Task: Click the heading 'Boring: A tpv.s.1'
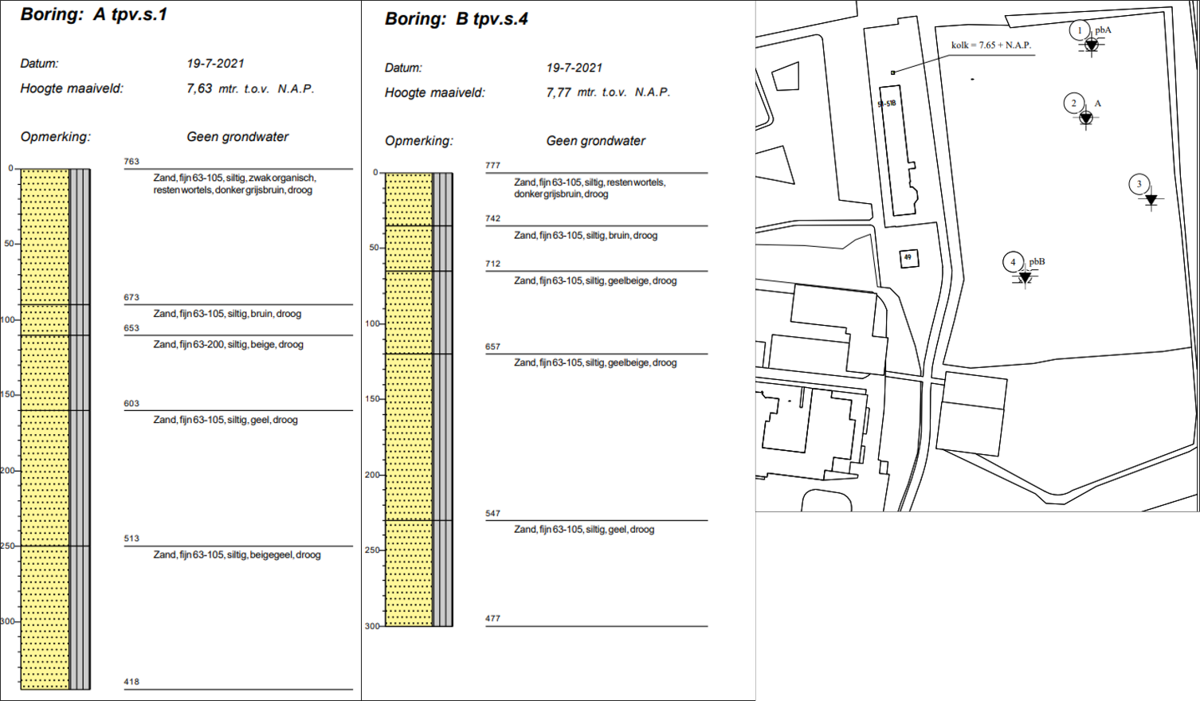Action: tap(94, 14)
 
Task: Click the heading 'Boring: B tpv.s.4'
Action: tap(456, 19)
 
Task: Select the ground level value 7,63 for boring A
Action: tap(199, 88)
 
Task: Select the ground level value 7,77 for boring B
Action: tap(559, 92)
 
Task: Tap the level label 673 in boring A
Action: tap(131, 297)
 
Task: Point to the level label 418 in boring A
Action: tap(131, 682)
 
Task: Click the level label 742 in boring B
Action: tap(492, 218)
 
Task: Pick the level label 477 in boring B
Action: tap(492, 618)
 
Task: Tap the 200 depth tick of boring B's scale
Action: tap(373, 475)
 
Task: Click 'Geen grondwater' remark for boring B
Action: tap(595, 141)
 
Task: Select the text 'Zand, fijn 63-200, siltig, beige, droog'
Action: tap(228, 345)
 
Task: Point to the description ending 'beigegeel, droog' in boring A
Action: tap(237, 555)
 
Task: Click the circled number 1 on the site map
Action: tap(1080, 30)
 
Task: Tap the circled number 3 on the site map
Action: tap(1139, 184)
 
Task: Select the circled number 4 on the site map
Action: tap(1013, 261)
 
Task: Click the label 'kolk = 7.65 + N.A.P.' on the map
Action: tap(990, 45)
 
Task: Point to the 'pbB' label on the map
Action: tap(1037, 261)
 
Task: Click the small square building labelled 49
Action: tap(908, 257)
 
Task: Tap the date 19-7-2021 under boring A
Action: tap(215, 64)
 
